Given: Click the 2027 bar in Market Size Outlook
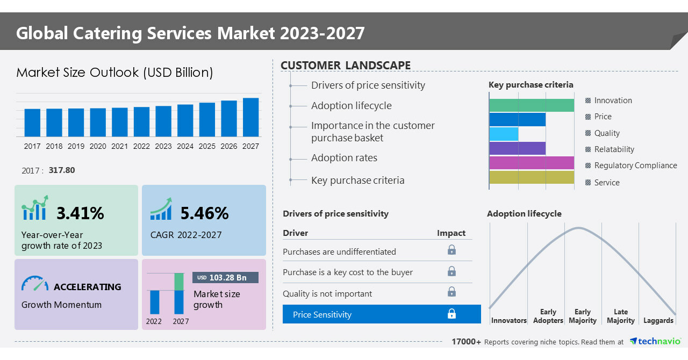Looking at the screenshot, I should [250, 117].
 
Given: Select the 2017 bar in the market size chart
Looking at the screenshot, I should [32, 123].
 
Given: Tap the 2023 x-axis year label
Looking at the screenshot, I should [163, 146].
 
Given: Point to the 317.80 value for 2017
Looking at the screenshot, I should [62, 170].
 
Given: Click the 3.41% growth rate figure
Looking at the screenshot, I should [80, 213].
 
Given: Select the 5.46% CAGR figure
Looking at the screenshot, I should [204, 213].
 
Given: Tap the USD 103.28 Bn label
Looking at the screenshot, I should [225, 278].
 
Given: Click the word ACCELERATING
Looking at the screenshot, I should [88, 287].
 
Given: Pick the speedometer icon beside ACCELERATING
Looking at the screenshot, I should [35, 284].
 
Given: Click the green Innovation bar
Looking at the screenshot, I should [532, 105].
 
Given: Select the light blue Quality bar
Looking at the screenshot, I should [504, 134].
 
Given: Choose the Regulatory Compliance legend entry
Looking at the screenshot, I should [635, 165].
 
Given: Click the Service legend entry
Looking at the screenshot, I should [607, 183].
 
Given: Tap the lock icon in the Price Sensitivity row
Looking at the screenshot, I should [451, 314].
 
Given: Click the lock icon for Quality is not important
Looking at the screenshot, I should [451, 292].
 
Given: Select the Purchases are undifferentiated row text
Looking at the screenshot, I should [339, 251].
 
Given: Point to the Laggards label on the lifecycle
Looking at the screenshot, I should [658, 320].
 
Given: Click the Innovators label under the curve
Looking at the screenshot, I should [508, 320].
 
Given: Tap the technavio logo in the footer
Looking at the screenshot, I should [655, 342].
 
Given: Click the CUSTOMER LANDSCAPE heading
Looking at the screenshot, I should [346, 66].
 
